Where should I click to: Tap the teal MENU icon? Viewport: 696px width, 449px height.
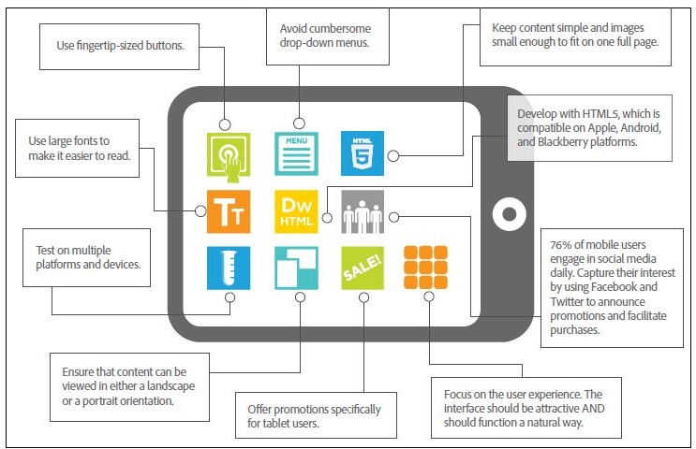pyautogui.click(x=296, y=153)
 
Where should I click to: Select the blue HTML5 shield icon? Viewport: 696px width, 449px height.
pyautogui.click(x=363, y=153)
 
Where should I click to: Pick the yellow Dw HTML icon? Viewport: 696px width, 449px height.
pyautogui.click(x=296, y=211)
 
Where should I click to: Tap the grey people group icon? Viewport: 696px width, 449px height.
pyautogui.click(x=363, y=211)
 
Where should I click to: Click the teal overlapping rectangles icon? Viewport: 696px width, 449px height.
pyautogui.click(x=296, y=268)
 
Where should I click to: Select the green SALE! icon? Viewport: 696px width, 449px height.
pyautogui.click(x=363, y=268)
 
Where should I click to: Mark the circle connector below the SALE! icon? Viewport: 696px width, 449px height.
pyautogui.click(x=363, y=297)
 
